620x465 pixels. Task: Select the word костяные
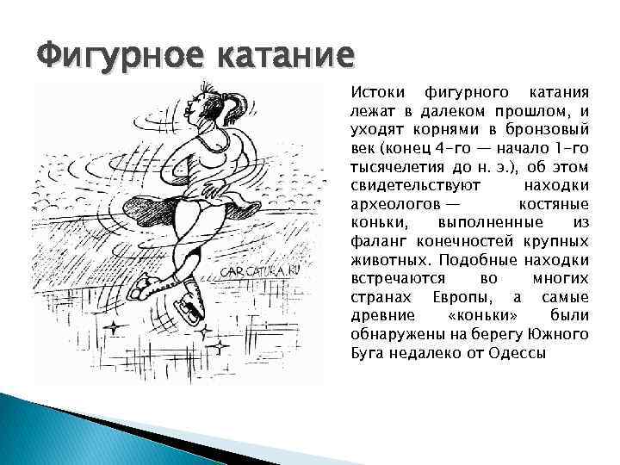555,205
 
